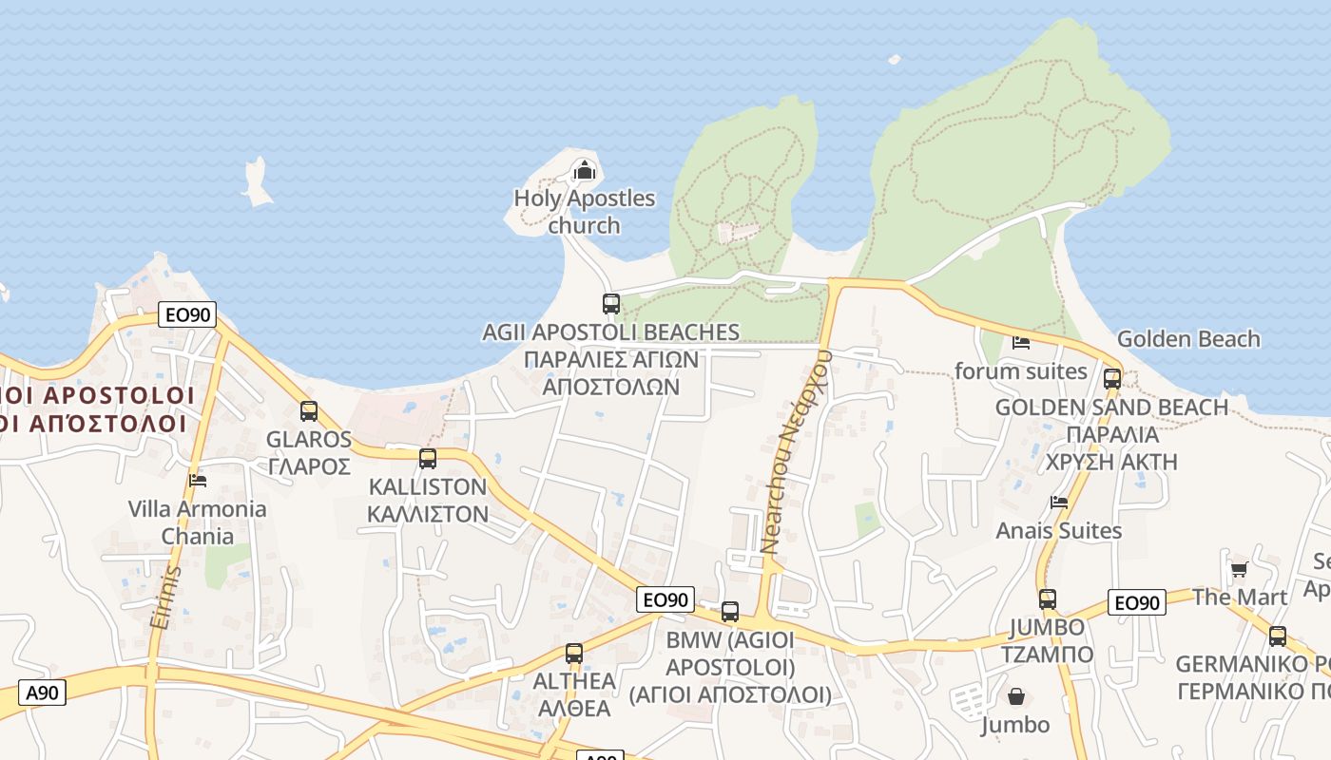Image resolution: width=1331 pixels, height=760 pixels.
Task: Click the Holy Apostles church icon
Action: pos(583,171)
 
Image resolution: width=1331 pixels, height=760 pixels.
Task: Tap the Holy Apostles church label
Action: pos(584,212)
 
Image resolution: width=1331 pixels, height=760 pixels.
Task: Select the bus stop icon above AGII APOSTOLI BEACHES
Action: pos(611,304)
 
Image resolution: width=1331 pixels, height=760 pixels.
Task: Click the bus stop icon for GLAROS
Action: pos(309,411)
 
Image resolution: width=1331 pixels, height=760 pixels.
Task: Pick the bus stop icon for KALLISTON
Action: pos(428,459)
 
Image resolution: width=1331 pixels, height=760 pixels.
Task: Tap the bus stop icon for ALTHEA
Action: pos(573,654)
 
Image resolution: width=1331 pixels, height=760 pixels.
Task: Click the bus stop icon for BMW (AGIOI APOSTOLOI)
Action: pos(730,612)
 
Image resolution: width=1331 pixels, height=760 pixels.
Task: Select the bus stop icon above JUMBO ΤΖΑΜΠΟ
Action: pos(1047,599)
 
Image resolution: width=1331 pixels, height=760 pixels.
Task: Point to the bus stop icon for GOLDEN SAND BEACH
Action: pos(1111,379)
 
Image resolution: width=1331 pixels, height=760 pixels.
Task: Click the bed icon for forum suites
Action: pos(1021,343)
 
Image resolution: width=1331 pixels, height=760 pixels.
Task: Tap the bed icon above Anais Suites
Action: pos(1059,503)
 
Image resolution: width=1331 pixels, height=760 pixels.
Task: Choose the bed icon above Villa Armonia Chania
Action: pos(198,481)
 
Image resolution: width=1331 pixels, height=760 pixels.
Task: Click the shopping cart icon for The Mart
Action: pos(1239,570)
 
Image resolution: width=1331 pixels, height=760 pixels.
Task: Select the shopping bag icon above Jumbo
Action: pos(1016,696)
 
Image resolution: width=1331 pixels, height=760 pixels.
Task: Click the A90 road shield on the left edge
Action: pos(43,693)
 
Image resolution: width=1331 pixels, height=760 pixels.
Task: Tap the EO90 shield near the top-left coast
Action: pos(187,314)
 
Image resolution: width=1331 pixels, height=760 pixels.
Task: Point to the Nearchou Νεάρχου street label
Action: pos(798,451)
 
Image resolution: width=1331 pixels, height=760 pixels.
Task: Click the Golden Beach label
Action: pos(1188,339)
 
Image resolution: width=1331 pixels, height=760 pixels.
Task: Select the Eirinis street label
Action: pos(164,598)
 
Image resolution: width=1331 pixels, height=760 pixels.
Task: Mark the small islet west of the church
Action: pos(256,182)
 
